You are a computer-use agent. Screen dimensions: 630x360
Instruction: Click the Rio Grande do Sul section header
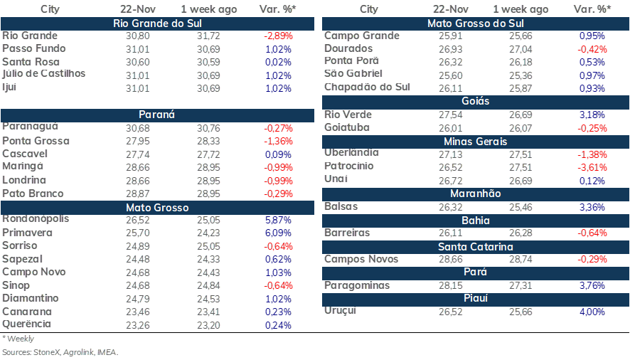click(x=157, y=23)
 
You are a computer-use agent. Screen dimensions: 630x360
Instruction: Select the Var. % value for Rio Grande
click(x=278, y=36)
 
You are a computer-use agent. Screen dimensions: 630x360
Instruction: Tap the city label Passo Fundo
click(x=33, y=48)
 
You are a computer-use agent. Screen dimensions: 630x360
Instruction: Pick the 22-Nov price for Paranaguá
click(x=137, y=128)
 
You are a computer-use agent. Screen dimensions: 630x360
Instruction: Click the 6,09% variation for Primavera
click(x=278, y=233)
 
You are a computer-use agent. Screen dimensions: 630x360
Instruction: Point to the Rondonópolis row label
click(x=36, y=219)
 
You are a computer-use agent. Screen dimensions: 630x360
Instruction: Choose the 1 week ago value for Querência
click(x=208, y=325)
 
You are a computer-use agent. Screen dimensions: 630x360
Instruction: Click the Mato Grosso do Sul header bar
click(x=475, y=23)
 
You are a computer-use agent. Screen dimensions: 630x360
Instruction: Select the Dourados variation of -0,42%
click(x=592, y=50)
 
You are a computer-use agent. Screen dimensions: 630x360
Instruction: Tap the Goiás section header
click(x=475, y=101)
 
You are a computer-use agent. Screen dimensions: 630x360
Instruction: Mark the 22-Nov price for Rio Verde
click(x=450, y=115)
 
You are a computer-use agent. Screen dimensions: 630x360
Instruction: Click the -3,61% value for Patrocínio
click(x=592, y=167)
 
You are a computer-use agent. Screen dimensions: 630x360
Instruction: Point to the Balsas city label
click(x=341, y=206)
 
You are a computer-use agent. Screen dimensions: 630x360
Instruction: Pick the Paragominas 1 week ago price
click(x=520, y=285)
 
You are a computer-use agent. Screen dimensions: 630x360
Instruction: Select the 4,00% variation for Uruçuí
click(x=592, y=312)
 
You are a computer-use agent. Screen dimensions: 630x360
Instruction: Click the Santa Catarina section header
click(x=475, y=247)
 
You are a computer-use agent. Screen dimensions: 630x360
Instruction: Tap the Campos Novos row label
click(x=361, y=259)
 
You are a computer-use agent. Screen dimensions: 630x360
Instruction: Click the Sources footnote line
click(x=60, y=352)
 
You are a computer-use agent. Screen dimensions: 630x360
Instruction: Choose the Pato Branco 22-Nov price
click(x=137, y=194)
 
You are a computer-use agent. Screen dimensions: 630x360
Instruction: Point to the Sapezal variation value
click(x=278, y=259)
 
